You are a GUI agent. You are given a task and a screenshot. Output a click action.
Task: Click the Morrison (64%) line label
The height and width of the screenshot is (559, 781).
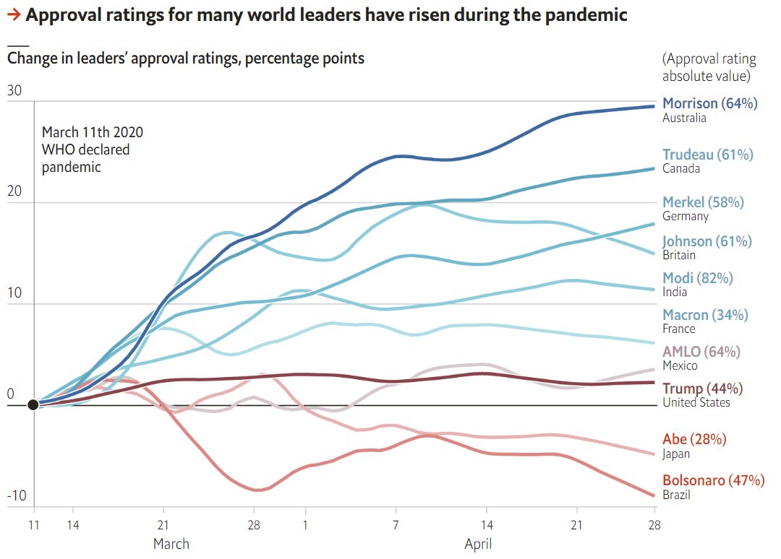pos(709,103)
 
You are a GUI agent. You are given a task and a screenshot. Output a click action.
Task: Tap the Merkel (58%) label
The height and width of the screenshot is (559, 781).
pos(703,202)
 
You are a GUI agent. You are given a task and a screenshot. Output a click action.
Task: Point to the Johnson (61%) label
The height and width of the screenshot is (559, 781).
pos(707,241)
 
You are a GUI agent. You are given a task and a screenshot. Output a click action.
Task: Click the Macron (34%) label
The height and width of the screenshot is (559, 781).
pos(705,315)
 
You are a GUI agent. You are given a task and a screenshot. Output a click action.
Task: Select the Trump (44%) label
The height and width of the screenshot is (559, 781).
pos(702,389)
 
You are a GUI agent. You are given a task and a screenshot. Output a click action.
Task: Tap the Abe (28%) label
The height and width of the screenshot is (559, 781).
pos(694,439)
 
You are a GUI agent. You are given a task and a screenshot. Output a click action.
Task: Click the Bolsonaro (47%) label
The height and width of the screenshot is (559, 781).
pos(713,480)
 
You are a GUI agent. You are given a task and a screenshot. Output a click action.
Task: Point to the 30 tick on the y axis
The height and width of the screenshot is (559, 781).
pos(14,90)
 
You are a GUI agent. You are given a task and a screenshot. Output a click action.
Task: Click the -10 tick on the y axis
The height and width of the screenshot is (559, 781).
pos(15,496)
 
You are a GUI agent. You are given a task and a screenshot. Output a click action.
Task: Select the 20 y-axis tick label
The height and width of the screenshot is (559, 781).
pos(14,192)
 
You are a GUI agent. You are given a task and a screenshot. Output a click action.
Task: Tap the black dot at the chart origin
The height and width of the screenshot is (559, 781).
pos(33,404)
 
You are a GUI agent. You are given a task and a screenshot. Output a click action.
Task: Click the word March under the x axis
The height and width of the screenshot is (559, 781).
pos(171,543)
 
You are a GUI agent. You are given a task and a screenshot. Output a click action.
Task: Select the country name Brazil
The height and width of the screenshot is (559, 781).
pos(676,495)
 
